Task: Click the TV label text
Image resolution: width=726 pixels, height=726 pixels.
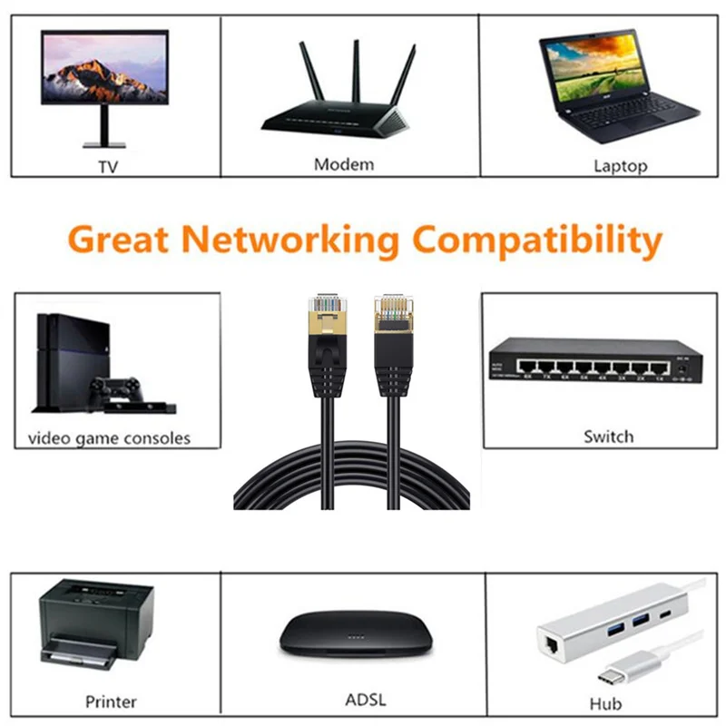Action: (x=109, y=167)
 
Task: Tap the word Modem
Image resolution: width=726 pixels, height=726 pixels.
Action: (x=343, y=164)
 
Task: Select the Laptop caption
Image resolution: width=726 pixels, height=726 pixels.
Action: (x=620, y=165)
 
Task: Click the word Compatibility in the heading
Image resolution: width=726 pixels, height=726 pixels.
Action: (x=535, y=240)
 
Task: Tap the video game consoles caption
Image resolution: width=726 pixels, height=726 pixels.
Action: (x=109, y=438)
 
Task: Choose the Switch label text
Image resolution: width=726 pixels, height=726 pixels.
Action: (x=608, y=437)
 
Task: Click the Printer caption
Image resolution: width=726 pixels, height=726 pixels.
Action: (x=111, y=701)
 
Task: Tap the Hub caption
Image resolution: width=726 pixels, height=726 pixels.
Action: (x=605, y=703)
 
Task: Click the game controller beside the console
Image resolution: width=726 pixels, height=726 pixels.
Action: (x=116, y=388)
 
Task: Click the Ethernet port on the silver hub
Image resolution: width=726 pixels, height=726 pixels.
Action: (x=552, y=645)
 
